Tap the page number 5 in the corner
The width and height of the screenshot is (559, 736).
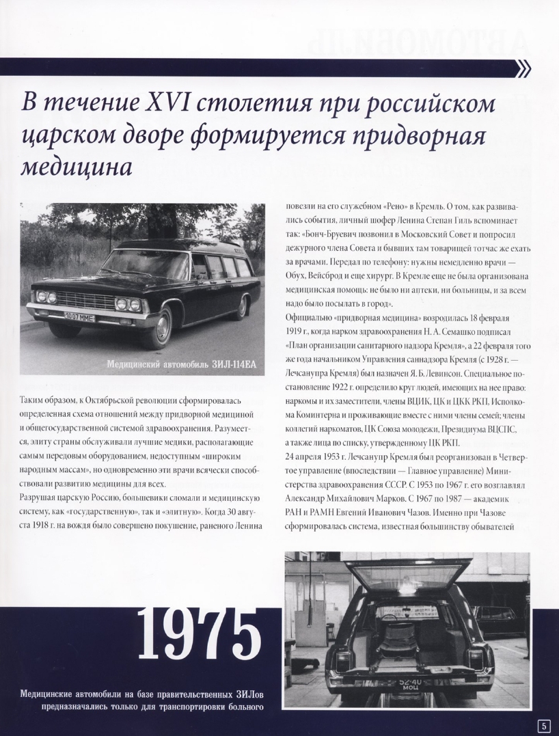(544, 725)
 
